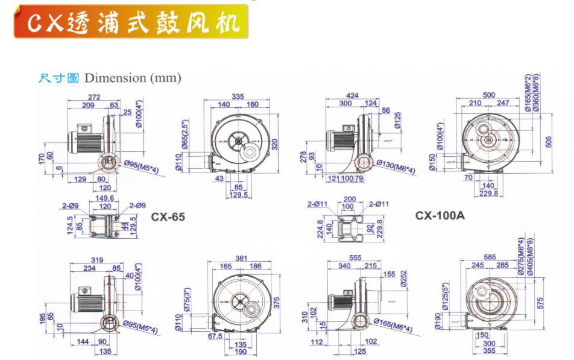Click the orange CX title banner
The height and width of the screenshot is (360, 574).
tap(131, 22)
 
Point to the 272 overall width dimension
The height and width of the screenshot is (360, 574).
tap(93, 96)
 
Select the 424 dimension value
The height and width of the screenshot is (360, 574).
tap(353, 96)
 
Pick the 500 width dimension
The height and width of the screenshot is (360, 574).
tap(489, 95)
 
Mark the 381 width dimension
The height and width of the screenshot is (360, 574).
tap(241, 259)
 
